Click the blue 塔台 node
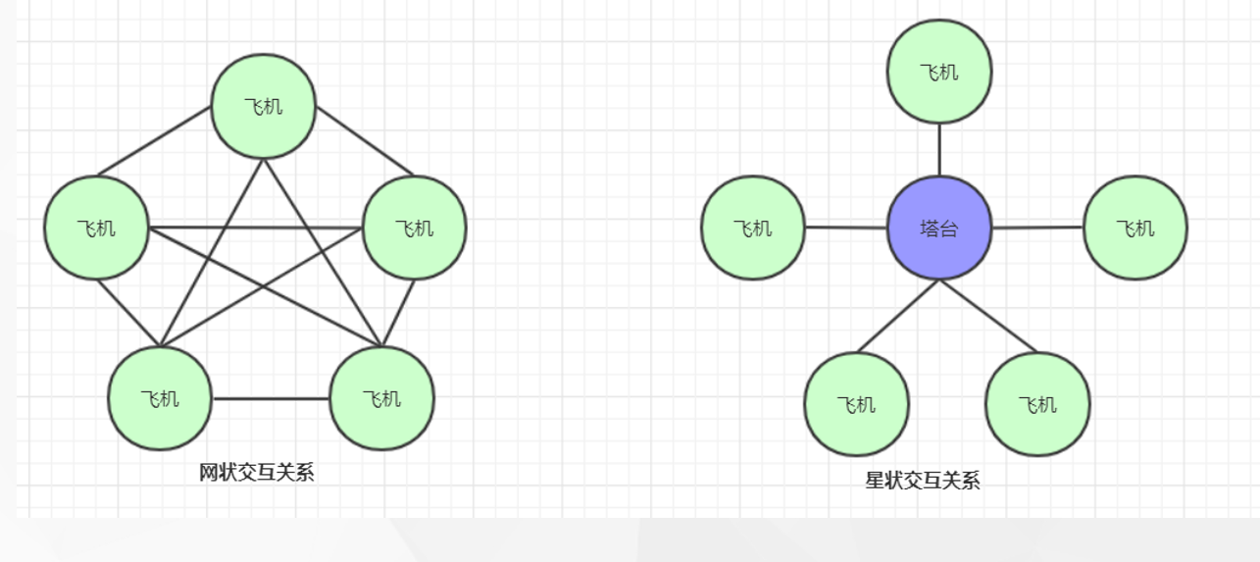coord(938,229)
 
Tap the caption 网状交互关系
coord(257,473)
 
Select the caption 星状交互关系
coord(923,480)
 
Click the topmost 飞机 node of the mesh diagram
coord(264,106)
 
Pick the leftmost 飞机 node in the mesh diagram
coord(96,228)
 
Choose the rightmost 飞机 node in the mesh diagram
coord(414,228)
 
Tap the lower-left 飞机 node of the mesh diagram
coord(160,398)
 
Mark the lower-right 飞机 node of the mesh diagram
coord(381,398)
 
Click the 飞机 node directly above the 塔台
coord(938,72)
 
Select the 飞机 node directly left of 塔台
coord(753,228)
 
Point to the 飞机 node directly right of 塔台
coord(1134,228)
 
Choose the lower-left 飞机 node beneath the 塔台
coord(856,404)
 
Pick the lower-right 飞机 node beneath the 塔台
coord(1037,404)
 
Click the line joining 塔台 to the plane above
coord(939,150)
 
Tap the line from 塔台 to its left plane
coord(845,228)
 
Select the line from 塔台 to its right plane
coord(1037,228)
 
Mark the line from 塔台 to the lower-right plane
coord(987,316)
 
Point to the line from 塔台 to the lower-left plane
coord(898,316)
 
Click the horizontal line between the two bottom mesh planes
coord(271,398)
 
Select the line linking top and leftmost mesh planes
coord(155,142)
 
